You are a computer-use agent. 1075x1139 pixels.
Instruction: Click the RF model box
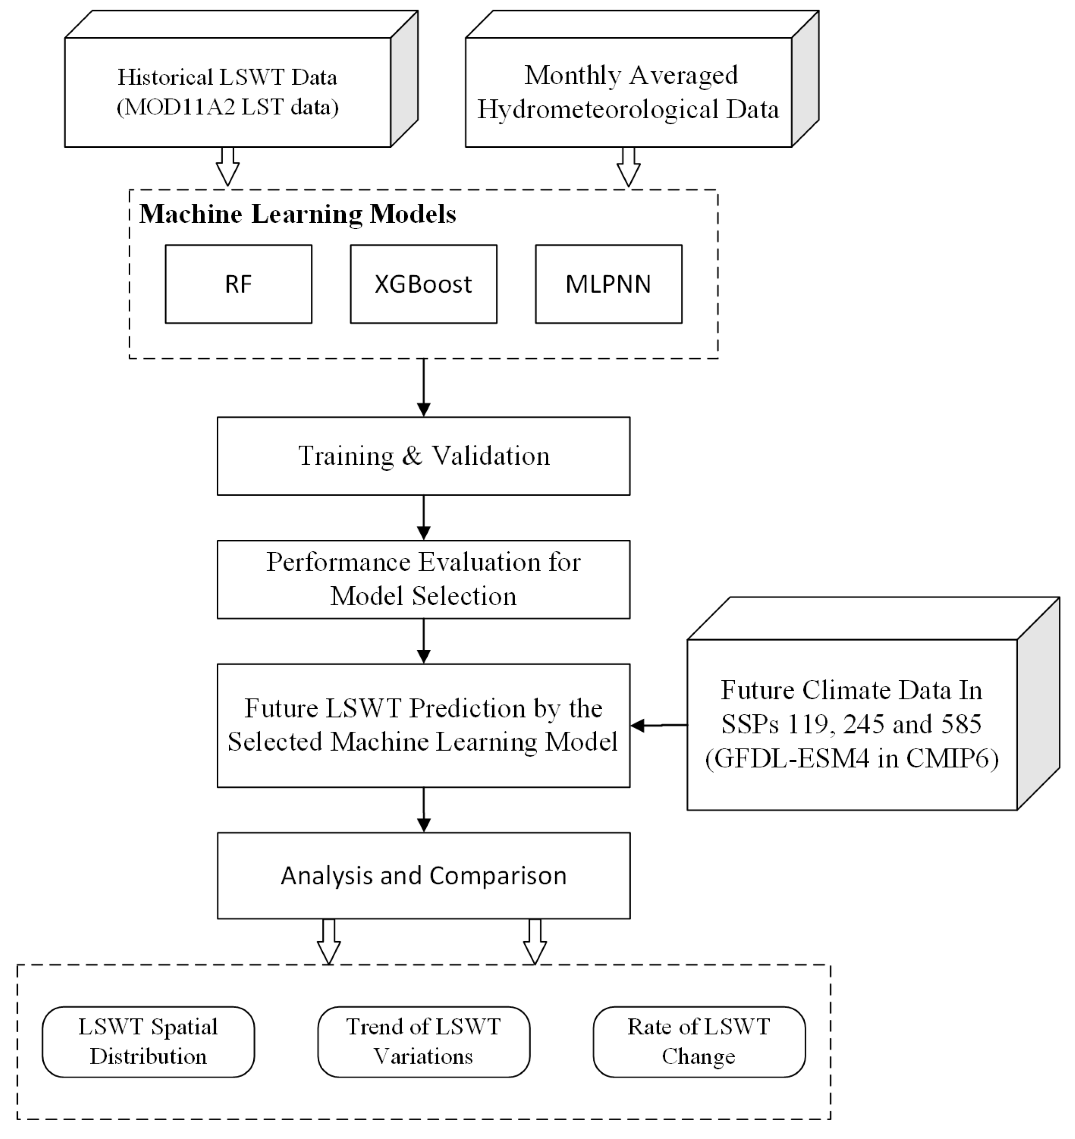238,284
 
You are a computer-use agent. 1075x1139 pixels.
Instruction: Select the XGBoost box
424,284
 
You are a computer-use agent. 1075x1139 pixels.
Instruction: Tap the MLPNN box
609,284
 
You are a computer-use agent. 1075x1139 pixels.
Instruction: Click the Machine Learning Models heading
297,214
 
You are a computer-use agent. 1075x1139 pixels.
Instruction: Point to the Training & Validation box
424,456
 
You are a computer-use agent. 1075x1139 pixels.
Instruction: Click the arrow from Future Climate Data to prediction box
659,725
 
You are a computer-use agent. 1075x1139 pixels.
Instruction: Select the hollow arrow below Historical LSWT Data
227,167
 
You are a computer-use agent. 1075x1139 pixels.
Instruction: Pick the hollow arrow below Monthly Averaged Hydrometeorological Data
628,167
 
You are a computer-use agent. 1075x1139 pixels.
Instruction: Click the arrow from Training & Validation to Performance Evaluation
424,517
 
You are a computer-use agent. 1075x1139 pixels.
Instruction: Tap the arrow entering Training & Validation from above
424,388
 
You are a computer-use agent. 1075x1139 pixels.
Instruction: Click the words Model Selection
424,596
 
